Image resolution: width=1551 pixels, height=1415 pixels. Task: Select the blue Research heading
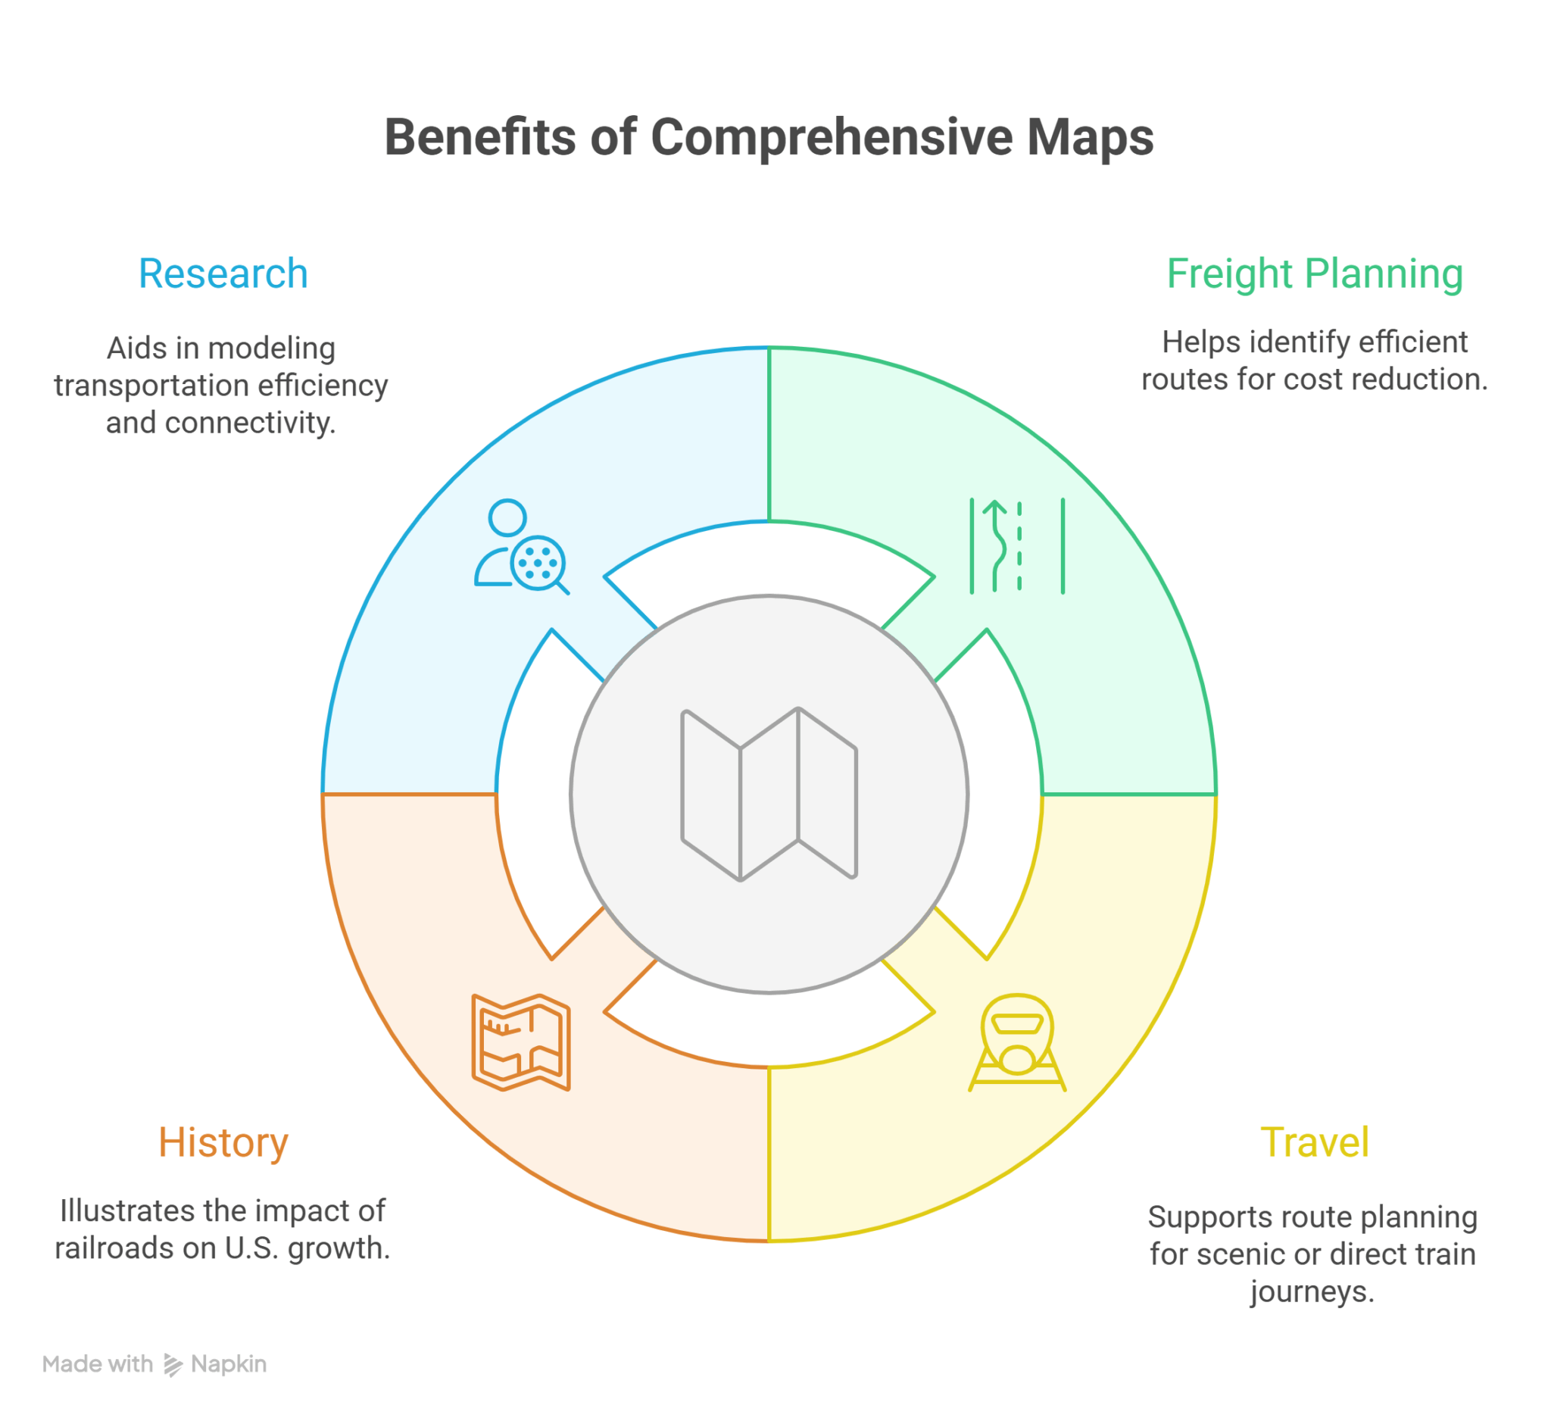tap(223, 274)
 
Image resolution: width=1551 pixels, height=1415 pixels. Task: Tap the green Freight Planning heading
tap(1314, 276)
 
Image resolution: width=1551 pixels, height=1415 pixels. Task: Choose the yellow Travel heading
tap(1315, 1142)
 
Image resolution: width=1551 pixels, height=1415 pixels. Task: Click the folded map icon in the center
tap(769, 794)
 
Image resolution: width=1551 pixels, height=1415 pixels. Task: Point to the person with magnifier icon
tap(522, 547)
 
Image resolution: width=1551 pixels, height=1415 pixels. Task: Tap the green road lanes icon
tap(1017, 546)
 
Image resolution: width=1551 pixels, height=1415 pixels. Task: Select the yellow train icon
tap(1017, 1042)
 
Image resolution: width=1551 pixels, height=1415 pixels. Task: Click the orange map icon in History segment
tap(521, 1042)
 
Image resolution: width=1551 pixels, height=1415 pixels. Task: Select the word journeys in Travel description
tap(1312, 1292)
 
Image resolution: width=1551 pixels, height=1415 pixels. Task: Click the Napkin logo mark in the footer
tap(173, 1365)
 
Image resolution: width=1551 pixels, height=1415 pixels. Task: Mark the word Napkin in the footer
tap(229, 1365)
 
